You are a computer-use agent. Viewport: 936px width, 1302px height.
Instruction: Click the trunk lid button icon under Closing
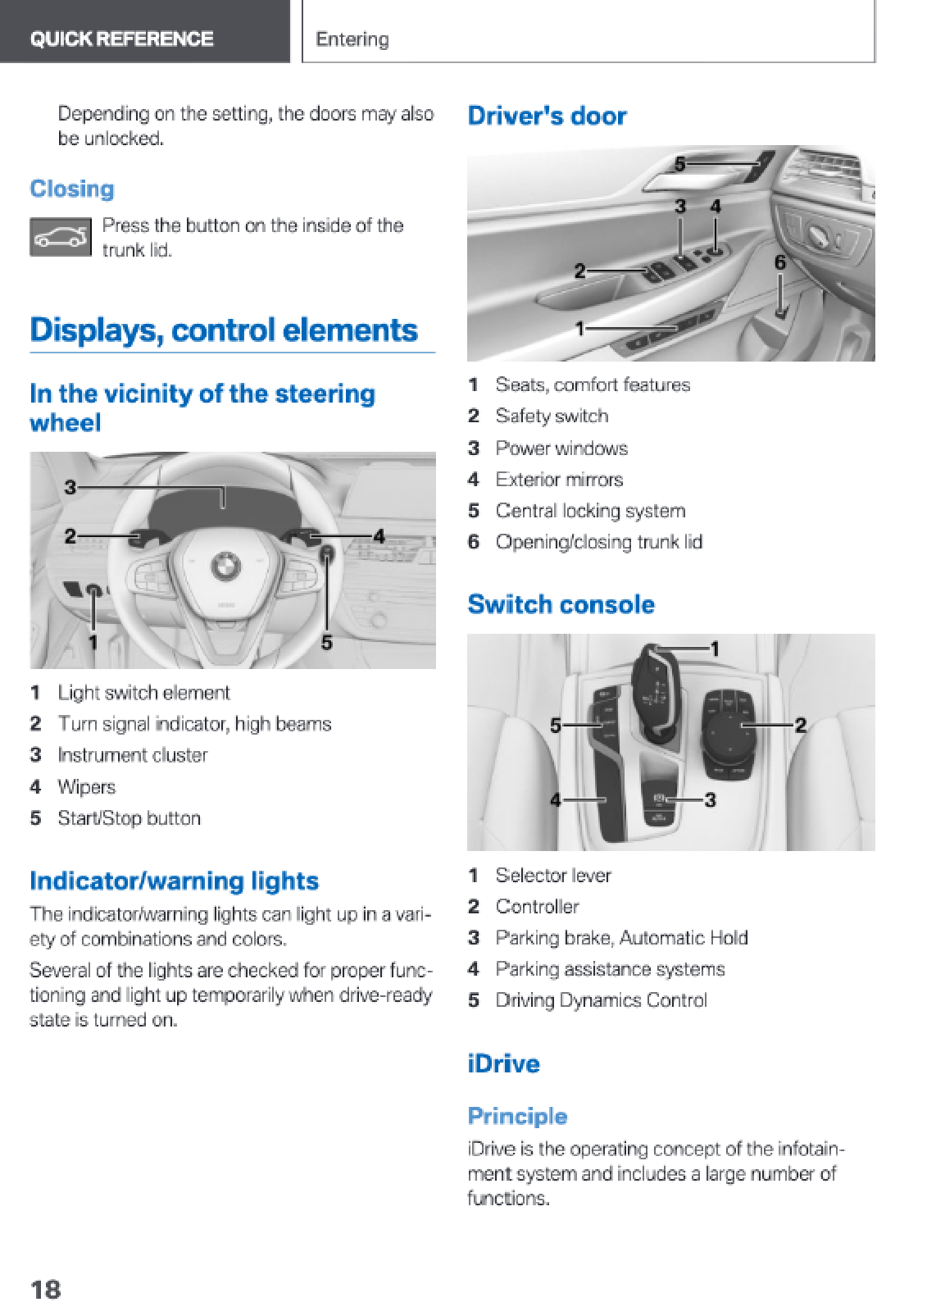click(60, 237)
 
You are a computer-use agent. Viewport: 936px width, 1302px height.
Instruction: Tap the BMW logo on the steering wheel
click(224, 566)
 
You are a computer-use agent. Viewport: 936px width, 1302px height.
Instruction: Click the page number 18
click(45, 1289)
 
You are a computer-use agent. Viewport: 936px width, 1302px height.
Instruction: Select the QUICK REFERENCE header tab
click(121, 39)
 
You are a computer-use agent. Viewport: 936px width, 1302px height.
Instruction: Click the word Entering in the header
click(352, 39)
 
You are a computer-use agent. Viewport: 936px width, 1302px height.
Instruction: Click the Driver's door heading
click(547, 116)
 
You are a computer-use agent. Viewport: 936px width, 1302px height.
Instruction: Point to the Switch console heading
click(561, 604)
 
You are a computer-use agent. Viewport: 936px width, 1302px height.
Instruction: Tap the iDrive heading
click(503, 1063)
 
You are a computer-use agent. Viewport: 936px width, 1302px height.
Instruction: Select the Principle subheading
click(517, 1116)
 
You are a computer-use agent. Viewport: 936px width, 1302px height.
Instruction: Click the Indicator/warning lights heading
click(174, 881)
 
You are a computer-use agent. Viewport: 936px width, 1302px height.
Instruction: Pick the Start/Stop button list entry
click(129, 818)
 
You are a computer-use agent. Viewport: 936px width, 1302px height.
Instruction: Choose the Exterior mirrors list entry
click(559, 480)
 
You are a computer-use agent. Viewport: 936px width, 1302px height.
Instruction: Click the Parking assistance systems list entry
click(610, 969)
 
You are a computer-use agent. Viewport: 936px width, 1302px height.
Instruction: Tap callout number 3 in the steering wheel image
click(70, 487)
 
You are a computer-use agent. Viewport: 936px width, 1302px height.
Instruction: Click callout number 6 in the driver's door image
click(780, 262)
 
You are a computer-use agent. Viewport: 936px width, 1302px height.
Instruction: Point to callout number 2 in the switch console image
click(800, 725)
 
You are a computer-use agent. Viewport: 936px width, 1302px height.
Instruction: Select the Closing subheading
click(72, 189)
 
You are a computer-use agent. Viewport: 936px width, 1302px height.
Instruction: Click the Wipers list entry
click(86, 787)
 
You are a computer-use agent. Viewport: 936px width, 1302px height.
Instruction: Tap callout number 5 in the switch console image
click(556, 726)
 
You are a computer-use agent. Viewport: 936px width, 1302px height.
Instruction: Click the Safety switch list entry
click(552, 417)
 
